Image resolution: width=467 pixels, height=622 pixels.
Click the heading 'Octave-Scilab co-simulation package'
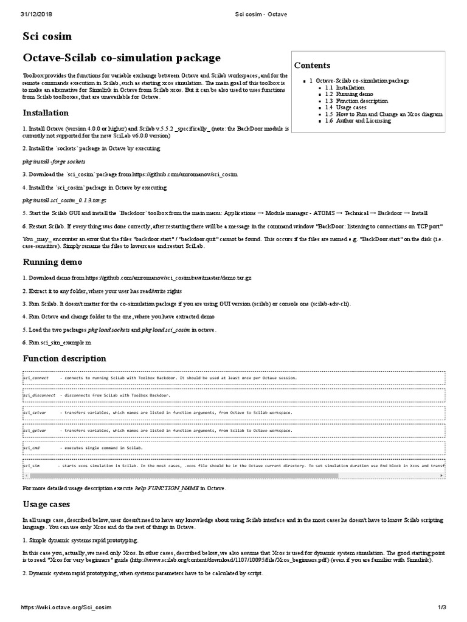click(x=122, y=58)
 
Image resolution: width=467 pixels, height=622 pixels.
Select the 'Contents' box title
click(x=312, y=66)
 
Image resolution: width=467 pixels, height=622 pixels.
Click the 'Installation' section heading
click(x=46, y=113)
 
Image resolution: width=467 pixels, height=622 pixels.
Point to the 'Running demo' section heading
click(x=52, y=262)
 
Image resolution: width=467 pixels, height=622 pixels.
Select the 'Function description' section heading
click(x=64, y=358)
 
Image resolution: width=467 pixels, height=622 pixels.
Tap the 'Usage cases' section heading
click(x=46, y=504)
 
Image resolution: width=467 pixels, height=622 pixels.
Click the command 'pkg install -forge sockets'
click(x=54, y=162)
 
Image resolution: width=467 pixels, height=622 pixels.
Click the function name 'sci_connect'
click(x=36, y=378)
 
